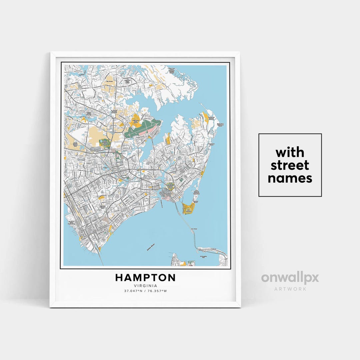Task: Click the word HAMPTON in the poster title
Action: tap(145, 278)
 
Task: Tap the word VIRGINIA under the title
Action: tap(145, 286)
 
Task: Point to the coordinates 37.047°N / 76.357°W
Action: tap(145, 291)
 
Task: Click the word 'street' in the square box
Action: tap(290, 165)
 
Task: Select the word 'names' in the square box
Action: tap(290, 178)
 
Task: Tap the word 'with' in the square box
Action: tap(290, 152)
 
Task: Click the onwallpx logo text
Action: tap(290, 278)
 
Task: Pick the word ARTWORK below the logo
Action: tap(290, 289)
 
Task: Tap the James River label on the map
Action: tap(151, 248)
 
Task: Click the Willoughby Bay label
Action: tap(203, 256)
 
